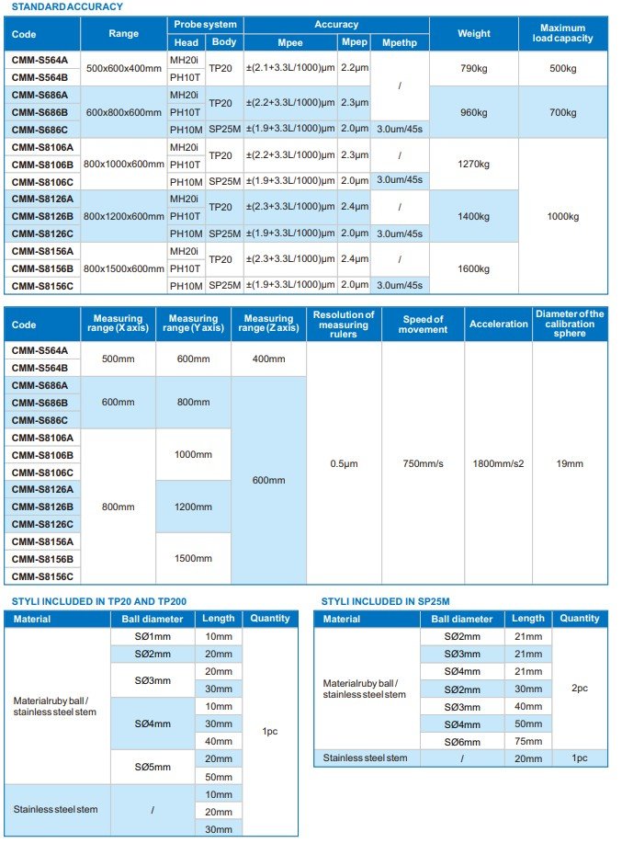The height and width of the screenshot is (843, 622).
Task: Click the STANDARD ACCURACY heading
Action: click(65, 6)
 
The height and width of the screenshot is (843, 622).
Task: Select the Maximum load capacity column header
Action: click(562, 34)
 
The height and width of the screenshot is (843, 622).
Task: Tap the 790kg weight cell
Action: click(473, 69)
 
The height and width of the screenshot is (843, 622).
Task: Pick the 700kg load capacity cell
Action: click(562, 112)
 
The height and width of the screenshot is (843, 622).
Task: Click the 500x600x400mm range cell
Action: click(123, 69)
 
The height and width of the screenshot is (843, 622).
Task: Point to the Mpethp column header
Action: click(400, 42)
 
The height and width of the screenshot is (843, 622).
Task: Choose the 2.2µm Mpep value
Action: click(354, 69)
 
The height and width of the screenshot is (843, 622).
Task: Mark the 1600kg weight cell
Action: click(473, 268)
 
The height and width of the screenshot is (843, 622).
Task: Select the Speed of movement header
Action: click(423, 325)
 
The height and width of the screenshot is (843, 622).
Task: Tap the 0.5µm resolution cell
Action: click(343, 463)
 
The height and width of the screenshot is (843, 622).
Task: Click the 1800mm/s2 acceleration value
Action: click(497, 463)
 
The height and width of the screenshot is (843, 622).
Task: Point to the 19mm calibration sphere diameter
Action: click(570, 463)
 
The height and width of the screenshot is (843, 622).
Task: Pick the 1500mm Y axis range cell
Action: click(193, 558)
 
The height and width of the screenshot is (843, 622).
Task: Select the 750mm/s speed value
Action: click(423, 463)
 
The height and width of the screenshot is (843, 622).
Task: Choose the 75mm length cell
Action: click(527, 741)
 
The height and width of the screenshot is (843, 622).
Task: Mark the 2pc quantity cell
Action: click(579, 688)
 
